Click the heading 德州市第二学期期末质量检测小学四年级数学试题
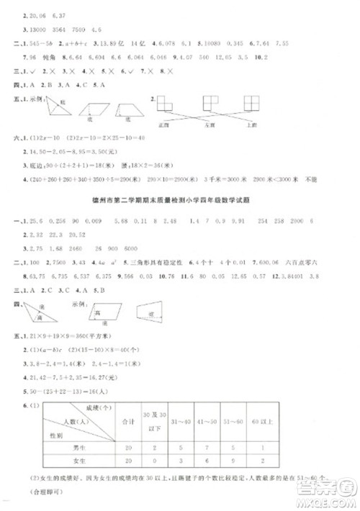(x=180, y=200)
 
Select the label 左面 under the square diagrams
(x=229, y=125)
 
